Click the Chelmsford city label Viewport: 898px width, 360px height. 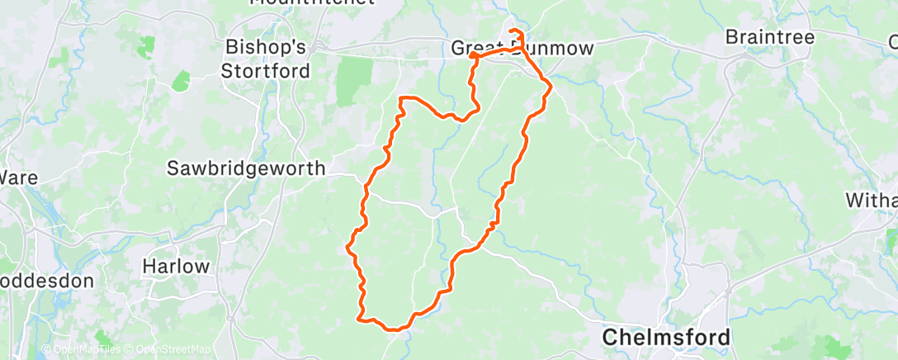point(666,337)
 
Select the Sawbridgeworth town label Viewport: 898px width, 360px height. point(247,168)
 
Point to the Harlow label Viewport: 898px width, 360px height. point(176,267)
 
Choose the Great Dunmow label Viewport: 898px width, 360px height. point(522,49)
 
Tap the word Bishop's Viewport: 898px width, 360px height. point(266,46)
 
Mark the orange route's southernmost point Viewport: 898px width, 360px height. point(398,329)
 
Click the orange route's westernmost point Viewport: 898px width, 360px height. point(347,245)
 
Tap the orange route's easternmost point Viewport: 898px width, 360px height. point(550,83)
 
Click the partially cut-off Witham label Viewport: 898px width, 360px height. point(872,200)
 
